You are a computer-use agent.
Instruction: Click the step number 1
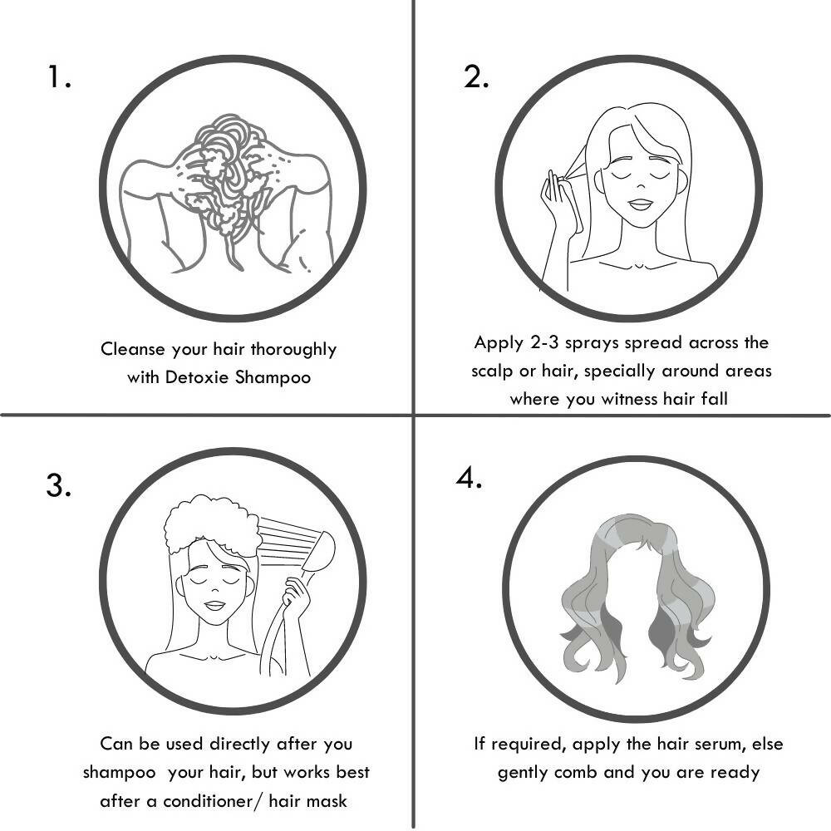(x=59, y=76)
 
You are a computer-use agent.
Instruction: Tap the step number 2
(x=476, y=76)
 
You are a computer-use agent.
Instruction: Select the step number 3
(x=58, y=485)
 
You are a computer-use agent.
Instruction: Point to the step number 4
(x=469, y=478)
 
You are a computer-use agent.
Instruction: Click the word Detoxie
(x=197, y=377)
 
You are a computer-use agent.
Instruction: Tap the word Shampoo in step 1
(x=273, y=378)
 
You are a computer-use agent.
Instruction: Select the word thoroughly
(x=293, y=350)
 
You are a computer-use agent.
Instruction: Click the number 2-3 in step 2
(x=545, y=343)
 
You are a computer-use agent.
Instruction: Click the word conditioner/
(x=212, y=801)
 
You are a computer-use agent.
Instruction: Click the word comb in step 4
(x=576, y=773)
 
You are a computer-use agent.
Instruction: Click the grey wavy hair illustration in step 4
(x=636, y=599)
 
